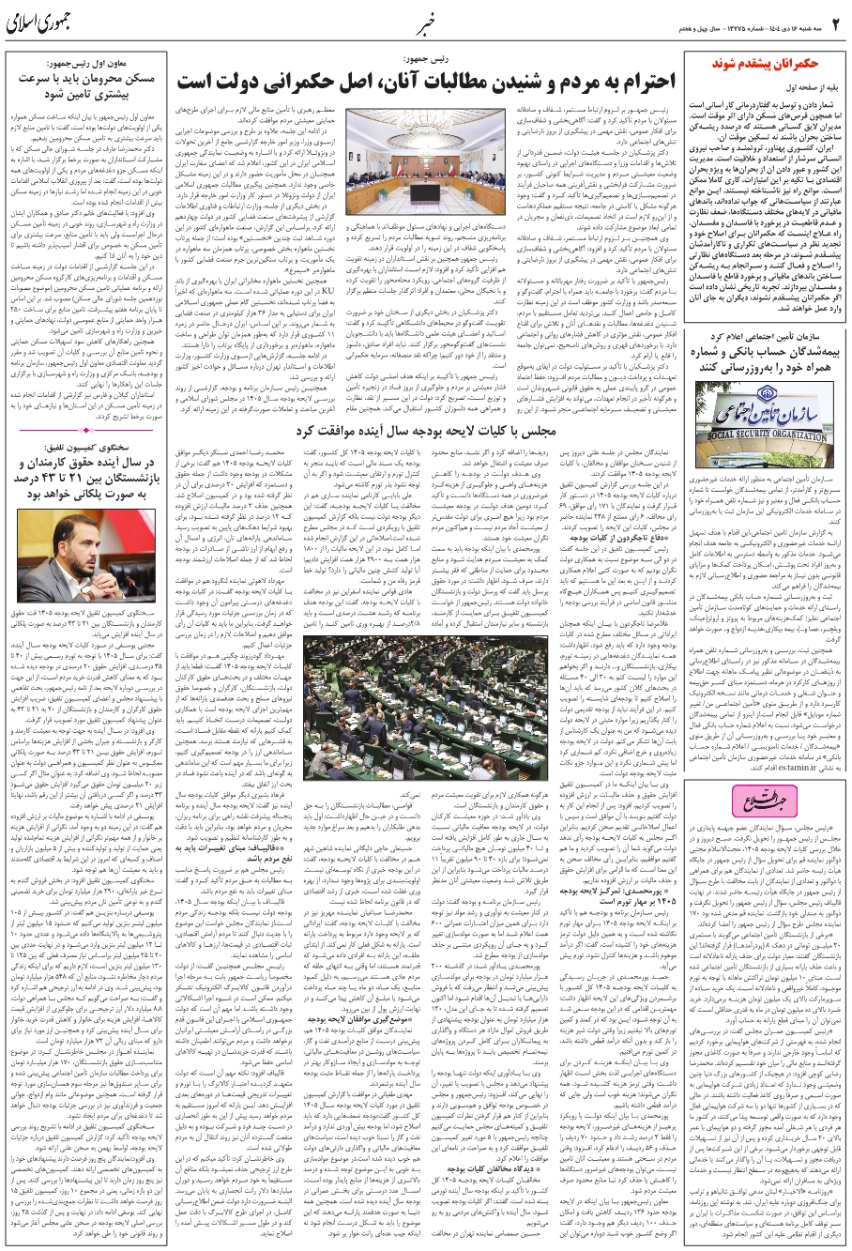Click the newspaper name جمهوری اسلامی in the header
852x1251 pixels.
[x=46, y=23]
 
